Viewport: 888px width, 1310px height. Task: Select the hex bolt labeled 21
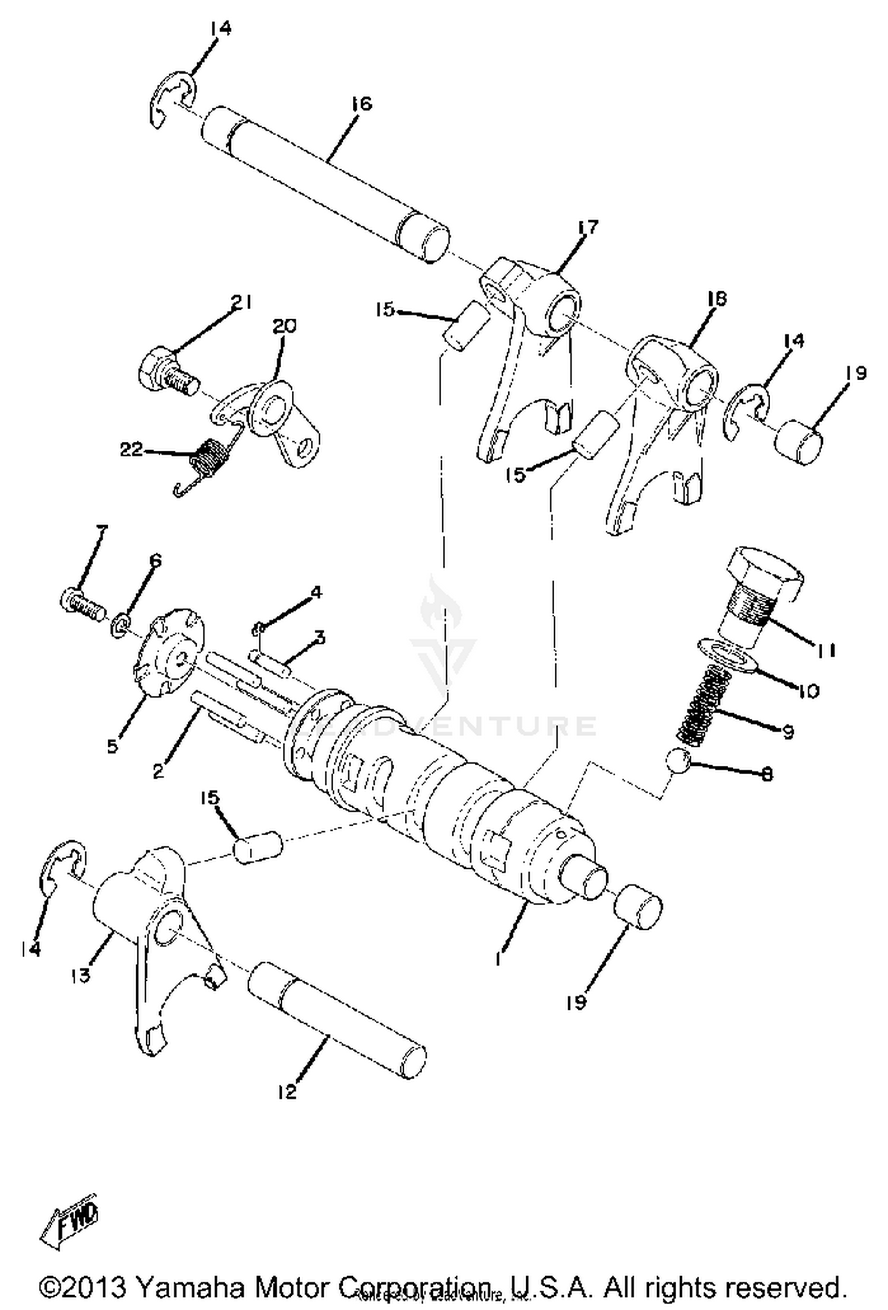click(166, 371)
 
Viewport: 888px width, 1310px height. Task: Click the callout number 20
click(285, 326)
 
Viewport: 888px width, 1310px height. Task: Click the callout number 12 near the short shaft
click(287, 1093)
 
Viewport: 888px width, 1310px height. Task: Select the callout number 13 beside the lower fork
click(81, 975)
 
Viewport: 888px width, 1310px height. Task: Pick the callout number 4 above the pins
click(317, 592)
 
